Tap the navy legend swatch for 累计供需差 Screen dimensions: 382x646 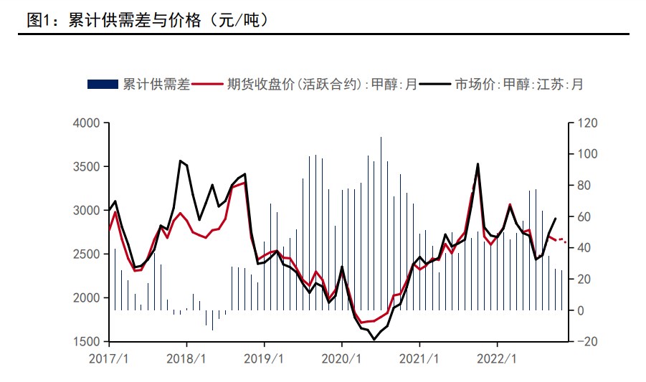pos(103,85)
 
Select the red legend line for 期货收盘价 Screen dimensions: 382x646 pos(207,85)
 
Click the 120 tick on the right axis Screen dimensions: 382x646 pos(587,123)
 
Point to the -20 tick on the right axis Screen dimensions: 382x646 pos(587,342)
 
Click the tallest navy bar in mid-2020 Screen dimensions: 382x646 pos(381,222)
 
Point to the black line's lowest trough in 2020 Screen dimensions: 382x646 pos(374,339)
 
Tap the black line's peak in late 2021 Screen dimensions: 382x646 pos(478,164)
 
